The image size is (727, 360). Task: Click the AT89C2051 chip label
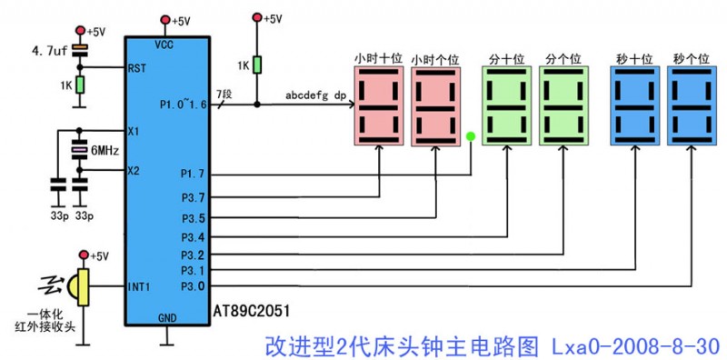tap(253, 310)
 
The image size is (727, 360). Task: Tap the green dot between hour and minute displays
tap(471, 137)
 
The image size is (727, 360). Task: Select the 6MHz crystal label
tap(102, 150)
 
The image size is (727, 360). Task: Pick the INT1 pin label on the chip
tap(138, 286)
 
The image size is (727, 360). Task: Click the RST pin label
tap(137, 67)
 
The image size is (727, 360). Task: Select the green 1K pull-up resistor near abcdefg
tap(257, 65)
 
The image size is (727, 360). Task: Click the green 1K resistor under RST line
tap(80, 85)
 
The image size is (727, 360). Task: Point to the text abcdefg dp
tap(315, 95)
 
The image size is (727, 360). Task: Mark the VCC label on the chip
tap(165, 44)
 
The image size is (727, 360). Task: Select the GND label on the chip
tap(167, 318)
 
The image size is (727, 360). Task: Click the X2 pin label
tap(134, 170)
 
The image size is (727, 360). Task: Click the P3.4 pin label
tap(193, 237)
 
